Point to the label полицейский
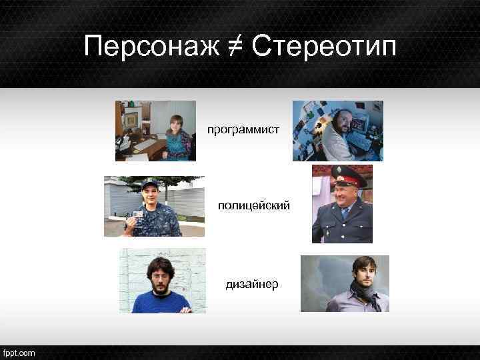pos(254,207)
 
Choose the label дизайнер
pos(252,285)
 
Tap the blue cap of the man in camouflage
pos(149,183)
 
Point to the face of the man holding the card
pos(151,197)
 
